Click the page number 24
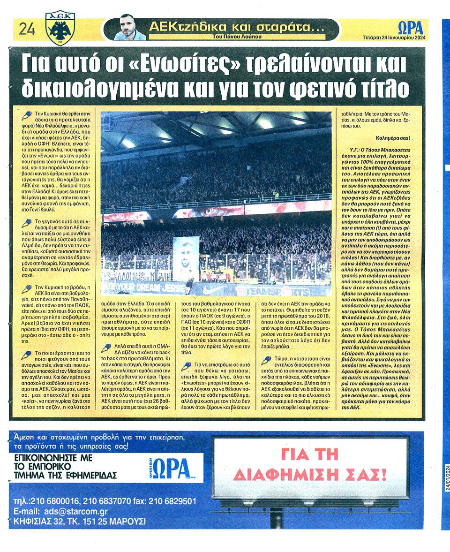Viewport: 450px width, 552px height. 26,30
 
